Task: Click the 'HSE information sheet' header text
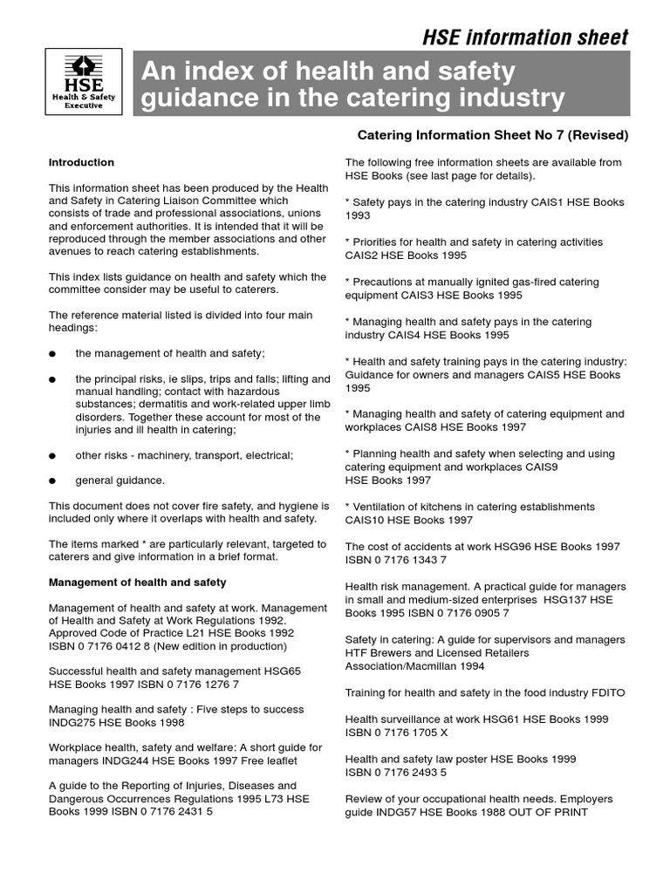(x=525, y=37)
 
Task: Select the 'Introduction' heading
(x=81, y=162)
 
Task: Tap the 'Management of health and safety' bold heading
(x=137, y=582)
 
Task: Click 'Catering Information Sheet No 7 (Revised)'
(x=493, y=135)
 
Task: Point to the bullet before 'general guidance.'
(x=53, y=481)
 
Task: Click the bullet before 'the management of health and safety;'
(x=53, y=353)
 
